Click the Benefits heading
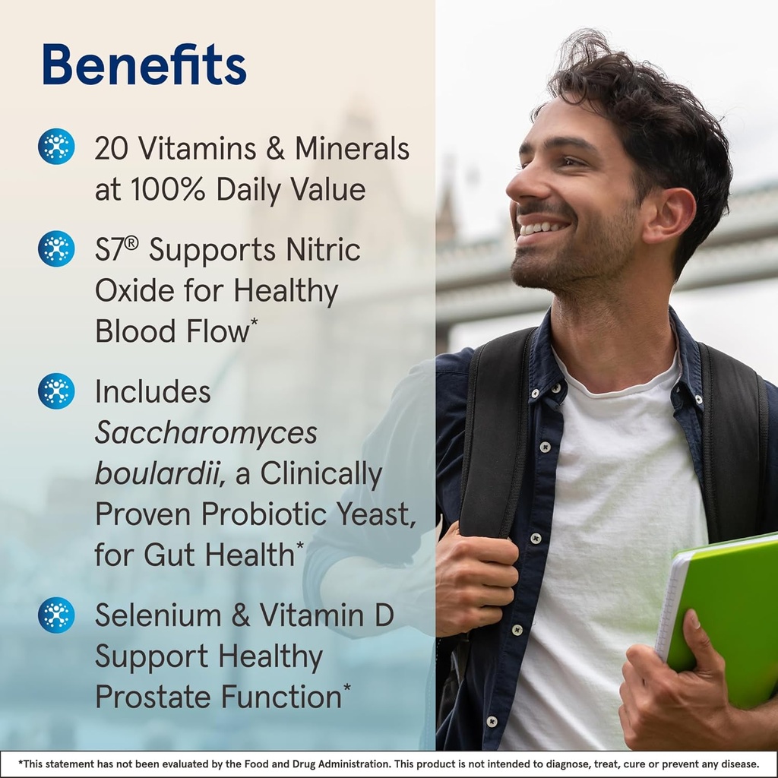[x=144, y=65]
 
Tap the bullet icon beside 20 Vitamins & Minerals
[x=56, y=147]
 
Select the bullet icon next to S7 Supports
[x=56, y=248]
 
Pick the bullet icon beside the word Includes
[x=56, y=391]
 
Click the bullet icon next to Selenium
[x=56, y=615]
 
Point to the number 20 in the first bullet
[x=112, y=149]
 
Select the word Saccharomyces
[x=206, y=434]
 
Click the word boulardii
[x=160, y=474]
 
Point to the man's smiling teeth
[x=544, y=228]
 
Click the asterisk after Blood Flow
[x=254, y=322]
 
